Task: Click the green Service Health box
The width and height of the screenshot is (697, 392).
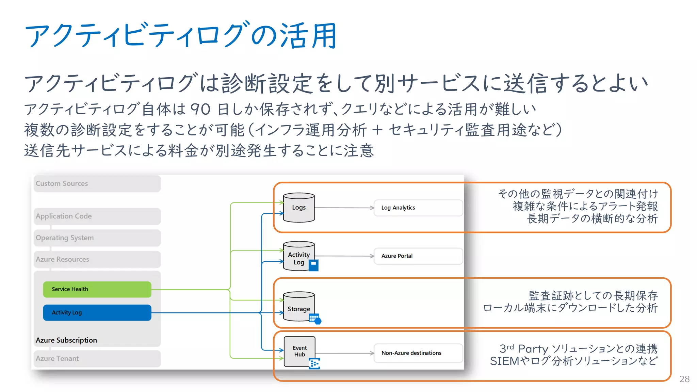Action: pyautogui.click(x=97, y=289)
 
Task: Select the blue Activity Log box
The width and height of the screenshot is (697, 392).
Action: pyautogui.click(x=97, y=312)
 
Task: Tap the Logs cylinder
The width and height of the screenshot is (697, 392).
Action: pyautogui.click(x=299, y=208)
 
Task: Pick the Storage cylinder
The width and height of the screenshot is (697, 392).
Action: pyautogui.click(x=299, y=307)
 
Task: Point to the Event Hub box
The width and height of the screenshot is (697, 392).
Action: pyautogui.click(x=299, y=351)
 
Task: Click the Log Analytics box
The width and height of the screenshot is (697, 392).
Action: pyautogui.click(x=418, y=208)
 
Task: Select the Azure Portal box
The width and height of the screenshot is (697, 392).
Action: pyautogui.click(x=418, y=256)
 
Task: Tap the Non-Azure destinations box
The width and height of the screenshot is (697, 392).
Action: pyautogui.click(x=418, y=353)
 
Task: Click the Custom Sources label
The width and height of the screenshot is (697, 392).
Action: pyautogui.click(x=62, y=183)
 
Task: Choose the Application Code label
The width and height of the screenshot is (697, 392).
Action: pyautogui.click(x=64, y=216)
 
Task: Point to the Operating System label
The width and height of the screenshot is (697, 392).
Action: pyautogui.click(x=65, y=238)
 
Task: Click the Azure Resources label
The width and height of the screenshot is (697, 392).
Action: pyautogui.click(x=62, y=259)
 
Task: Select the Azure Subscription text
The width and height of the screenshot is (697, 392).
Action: pyautogui.click(x=66, y=340)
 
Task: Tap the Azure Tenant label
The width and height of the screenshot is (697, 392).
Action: pyautogui.click(x=57, y=358)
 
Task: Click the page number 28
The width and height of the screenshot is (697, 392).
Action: pyautogui.click(x=684, y=379)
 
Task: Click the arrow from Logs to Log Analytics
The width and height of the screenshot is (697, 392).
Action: pyautogui.click(x=344, y=208)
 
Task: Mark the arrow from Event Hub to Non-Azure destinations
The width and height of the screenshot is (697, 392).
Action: pyautogui.click(x=344, y=353)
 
